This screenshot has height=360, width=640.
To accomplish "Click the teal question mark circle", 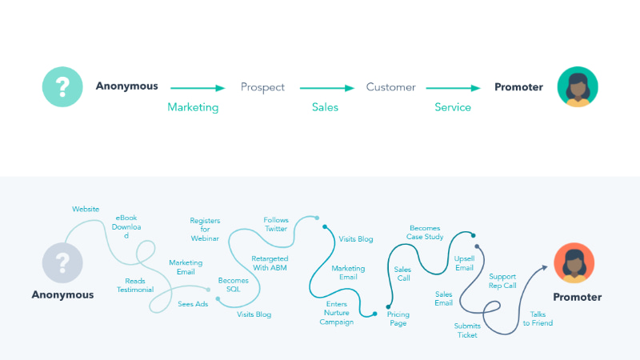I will tap(62, 86).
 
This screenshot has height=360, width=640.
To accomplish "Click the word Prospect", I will tap(262, 87).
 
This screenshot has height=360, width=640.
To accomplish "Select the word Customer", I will tap(390, 87).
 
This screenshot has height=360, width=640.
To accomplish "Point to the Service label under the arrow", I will tap(453, 107).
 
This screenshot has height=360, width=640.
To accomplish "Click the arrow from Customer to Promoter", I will tap(453, 88).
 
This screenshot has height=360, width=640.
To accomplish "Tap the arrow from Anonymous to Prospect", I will tap(198, 88).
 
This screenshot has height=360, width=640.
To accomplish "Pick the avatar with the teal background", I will tap(578, 86).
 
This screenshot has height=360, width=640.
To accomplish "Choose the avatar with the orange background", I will tap(574, 263).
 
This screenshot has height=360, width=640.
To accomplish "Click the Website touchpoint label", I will tap(86, 209).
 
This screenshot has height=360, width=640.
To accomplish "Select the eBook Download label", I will tap(126, 226).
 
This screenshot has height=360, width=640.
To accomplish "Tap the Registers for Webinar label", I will tap(205, 230).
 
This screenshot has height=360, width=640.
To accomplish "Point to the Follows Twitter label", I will tap(276, 224).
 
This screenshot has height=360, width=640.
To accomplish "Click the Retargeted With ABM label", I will tap(270, 263).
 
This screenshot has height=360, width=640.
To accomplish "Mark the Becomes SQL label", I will tap(234, 285).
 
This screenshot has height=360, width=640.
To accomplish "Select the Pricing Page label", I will tap(398, 319).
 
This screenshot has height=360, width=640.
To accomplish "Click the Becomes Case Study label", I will tap(425, 233).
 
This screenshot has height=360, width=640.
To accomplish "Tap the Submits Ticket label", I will tap(467, 330).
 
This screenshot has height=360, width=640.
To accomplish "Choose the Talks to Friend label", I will tap(538, 318).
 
